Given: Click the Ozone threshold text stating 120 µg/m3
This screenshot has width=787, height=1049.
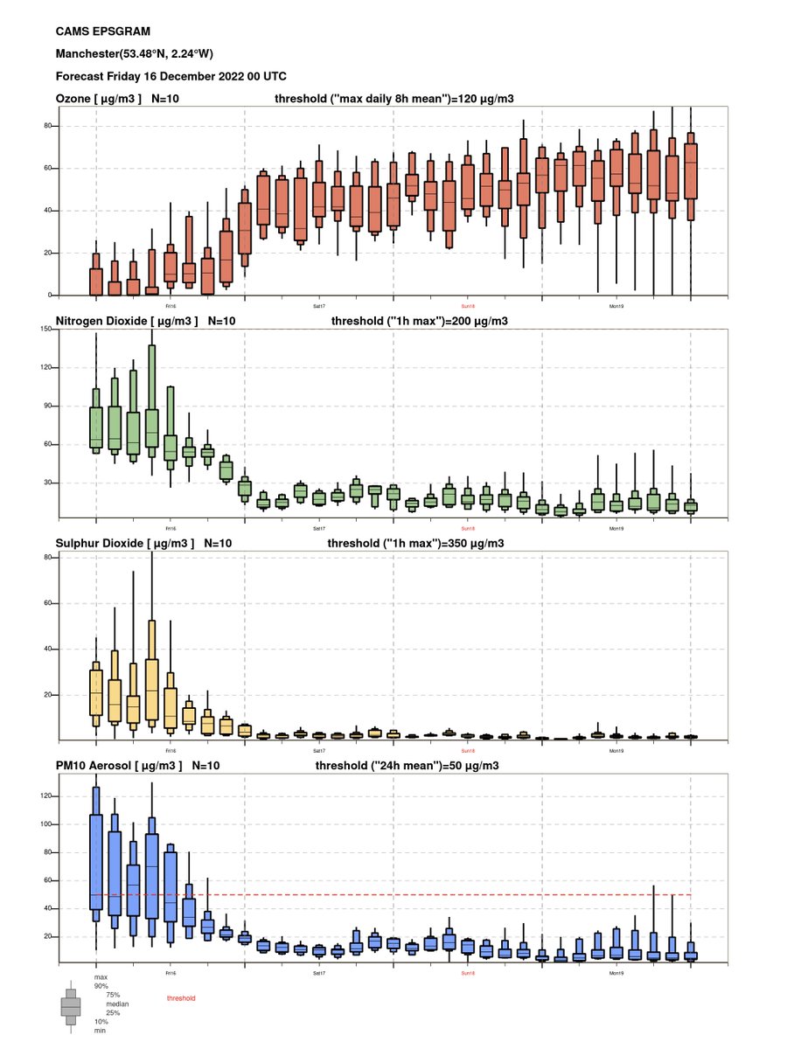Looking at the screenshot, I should coord(400,100).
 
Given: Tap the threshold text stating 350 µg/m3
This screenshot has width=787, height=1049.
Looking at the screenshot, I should coord(414,543).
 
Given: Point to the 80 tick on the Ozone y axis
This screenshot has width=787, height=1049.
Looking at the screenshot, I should coord(49,126).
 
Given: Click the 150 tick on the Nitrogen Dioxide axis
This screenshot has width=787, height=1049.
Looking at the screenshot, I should coord(47,330).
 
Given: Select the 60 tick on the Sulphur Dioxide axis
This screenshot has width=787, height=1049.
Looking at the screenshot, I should coord(49,603).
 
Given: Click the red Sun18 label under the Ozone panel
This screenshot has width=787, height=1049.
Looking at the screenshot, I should coord(468,307).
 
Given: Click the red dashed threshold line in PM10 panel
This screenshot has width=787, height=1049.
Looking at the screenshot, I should coord(437,894).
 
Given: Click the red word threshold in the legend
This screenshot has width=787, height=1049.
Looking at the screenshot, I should coord(181,998).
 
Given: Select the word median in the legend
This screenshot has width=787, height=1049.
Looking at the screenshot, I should coord(116,1004).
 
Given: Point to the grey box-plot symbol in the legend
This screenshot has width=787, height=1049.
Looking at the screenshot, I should coord(71,1006).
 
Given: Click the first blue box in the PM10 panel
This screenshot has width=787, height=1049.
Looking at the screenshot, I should coord(96,865).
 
